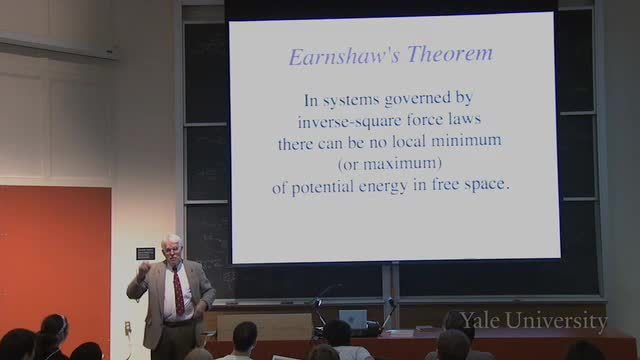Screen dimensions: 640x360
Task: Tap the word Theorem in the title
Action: click(450, 54)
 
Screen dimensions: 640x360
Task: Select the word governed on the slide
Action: click(418, 99)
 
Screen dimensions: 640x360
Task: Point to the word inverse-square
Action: click(344, 121)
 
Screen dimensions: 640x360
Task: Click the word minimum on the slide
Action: click(467, 141)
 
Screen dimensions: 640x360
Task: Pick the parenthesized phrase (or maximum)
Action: click(390, 164)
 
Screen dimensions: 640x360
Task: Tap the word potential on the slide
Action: click(322, 187)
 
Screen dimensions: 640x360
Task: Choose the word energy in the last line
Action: click(383, 187)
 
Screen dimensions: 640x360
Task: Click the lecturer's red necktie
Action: click(178, 291)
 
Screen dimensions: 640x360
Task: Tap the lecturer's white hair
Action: click(171, 241)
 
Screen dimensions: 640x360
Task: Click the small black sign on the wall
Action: click(145, 254)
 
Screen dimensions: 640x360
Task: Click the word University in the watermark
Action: click(557, 321)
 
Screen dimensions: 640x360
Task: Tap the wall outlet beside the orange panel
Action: click(128, 328)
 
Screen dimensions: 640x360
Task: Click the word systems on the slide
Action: click(351, 101)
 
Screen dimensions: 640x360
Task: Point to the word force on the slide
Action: click(418, 120)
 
